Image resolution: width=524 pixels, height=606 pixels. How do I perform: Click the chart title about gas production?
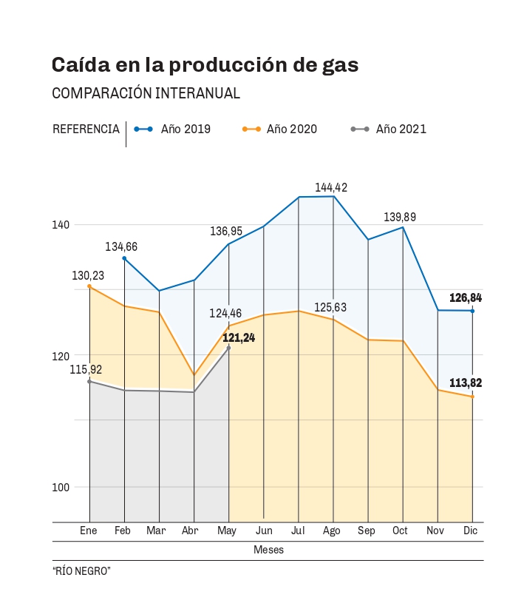coord(205,65)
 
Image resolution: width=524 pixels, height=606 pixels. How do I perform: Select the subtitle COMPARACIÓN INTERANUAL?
coord(146,93)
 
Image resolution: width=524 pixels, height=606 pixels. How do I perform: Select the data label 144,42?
coord(330,187)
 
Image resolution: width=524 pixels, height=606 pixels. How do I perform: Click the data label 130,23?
coord(88,275)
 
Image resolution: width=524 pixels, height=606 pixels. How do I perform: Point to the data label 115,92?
coord(86,369)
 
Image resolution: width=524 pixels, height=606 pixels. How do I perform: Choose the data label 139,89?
coord(400,217)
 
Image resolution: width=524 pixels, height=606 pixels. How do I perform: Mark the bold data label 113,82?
coord(466,383)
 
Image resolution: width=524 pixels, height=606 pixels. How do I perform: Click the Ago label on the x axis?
coord(332,531)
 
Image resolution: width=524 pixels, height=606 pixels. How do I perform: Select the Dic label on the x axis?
coord(470,531)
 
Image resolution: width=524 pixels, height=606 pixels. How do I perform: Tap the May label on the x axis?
coord(227,531)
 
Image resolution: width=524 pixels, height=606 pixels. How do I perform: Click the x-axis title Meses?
coord(268,550)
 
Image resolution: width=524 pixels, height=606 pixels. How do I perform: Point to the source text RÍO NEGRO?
coord(81,571)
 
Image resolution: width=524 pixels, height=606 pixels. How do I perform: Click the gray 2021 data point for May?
coord(229,348)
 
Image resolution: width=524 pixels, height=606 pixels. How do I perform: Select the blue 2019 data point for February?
coord(124,258)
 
